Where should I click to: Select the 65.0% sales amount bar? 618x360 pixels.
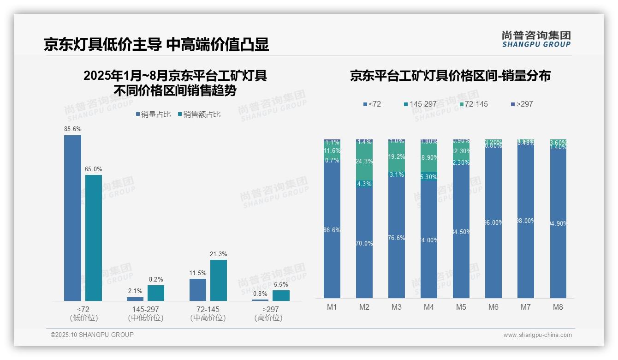tap(94, 238)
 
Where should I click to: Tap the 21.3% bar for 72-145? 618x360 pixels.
tap(219, 280)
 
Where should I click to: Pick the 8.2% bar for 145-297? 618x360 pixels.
tap(156, 293)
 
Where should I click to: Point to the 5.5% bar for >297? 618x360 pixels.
tap(281, 295)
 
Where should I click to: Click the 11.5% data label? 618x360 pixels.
tap(198, 273)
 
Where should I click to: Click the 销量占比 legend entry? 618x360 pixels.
tap(153, 114)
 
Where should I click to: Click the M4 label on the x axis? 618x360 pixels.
tap(429, 307)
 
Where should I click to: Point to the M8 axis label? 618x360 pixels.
tap(558, 307)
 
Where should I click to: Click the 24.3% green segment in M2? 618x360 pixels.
tap(364, 162)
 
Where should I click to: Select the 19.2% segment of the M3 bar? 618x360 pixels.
tap(397, 157)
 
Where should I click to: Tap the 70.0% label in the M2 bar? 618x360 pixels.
tap(364, 243)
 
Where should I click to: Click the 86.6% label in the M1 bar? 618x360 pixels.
tap(332, 230)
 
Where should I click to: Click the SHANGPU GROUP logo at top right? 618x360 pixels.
tap(536, 39)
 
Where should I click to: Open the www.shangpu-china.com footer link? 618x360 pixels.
tap(537, 335)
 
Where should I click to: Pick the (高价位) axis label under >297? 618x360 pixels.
tap(268, 318)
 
